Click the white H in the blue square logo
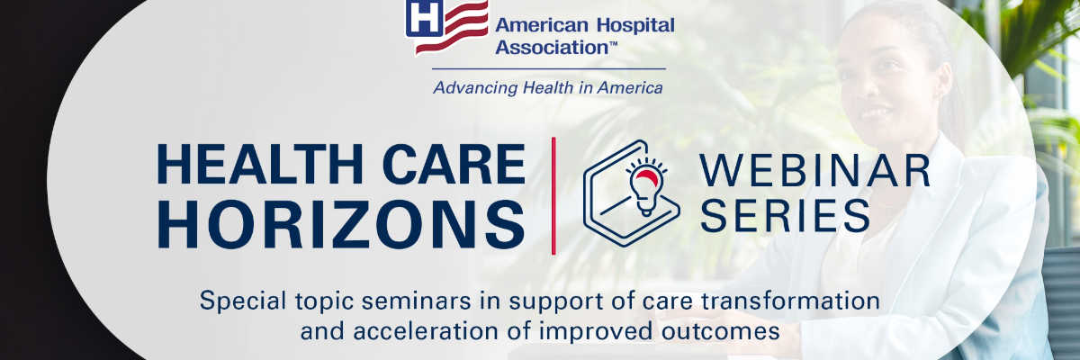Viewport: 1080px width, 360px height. (424, 17)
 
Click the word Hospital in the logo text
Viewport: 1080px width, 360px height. (635, 25)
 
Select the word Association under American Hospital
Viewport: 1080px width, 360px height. (550, 47)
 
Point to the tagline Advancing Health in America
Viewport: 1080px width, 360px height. (548, 87)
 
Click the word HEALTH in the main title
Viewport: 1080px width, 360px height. (259, 165)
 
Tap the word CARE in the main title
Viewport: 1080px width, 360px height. (454, 165)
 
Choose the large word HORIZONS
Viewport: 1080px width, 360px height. (341, 225)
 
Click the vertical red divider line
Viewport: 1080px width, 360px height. (553, 195)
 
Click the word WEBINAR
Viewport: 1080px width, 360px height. (814, 171)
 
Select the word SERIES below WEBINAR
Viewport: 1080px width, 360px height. (785, 215)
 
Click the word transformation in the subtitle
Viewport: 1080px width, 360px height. (790, 301)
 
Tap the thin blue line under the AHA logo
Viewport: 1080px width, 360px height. (549, 69)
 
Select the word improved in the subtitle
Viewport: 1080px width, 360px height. (597, 331)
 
